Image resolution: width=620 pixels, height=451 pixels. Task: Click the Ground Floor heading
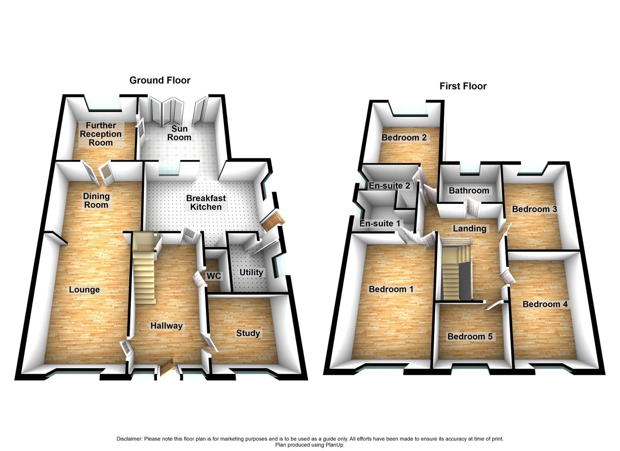(159, 80)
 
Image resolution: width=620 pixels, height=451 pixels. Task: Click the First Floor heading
(463, 86)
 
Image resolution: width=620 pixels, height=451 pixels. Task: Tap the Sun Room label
(179, 133)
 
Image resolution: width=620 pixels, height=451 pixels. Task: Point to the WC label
(214, 276)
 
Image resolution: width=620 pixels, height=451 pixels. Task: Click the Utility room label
(251, 272)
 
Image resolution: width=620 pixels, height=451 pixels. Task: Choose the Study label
(248, 333)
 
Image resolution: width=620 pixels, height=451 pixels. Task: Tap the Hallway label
(167, 325)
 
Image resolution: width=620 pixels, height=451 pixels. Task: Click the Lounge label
(84, 289)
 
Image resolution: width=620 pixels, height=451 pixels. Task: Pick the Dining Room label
(96, 200)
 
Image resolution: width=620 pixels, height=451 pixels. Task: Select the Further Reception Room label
(101, 134)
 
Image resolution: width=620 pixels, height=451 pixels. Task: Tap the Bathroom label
(468, 190)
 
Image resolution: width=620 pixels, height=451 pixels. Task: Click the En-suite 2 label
(389, 185)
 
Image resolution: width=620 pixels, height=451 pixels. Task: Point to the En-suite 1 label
(380, 223)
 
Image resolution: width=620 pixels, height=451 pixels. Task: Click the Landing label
(470, 228)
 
